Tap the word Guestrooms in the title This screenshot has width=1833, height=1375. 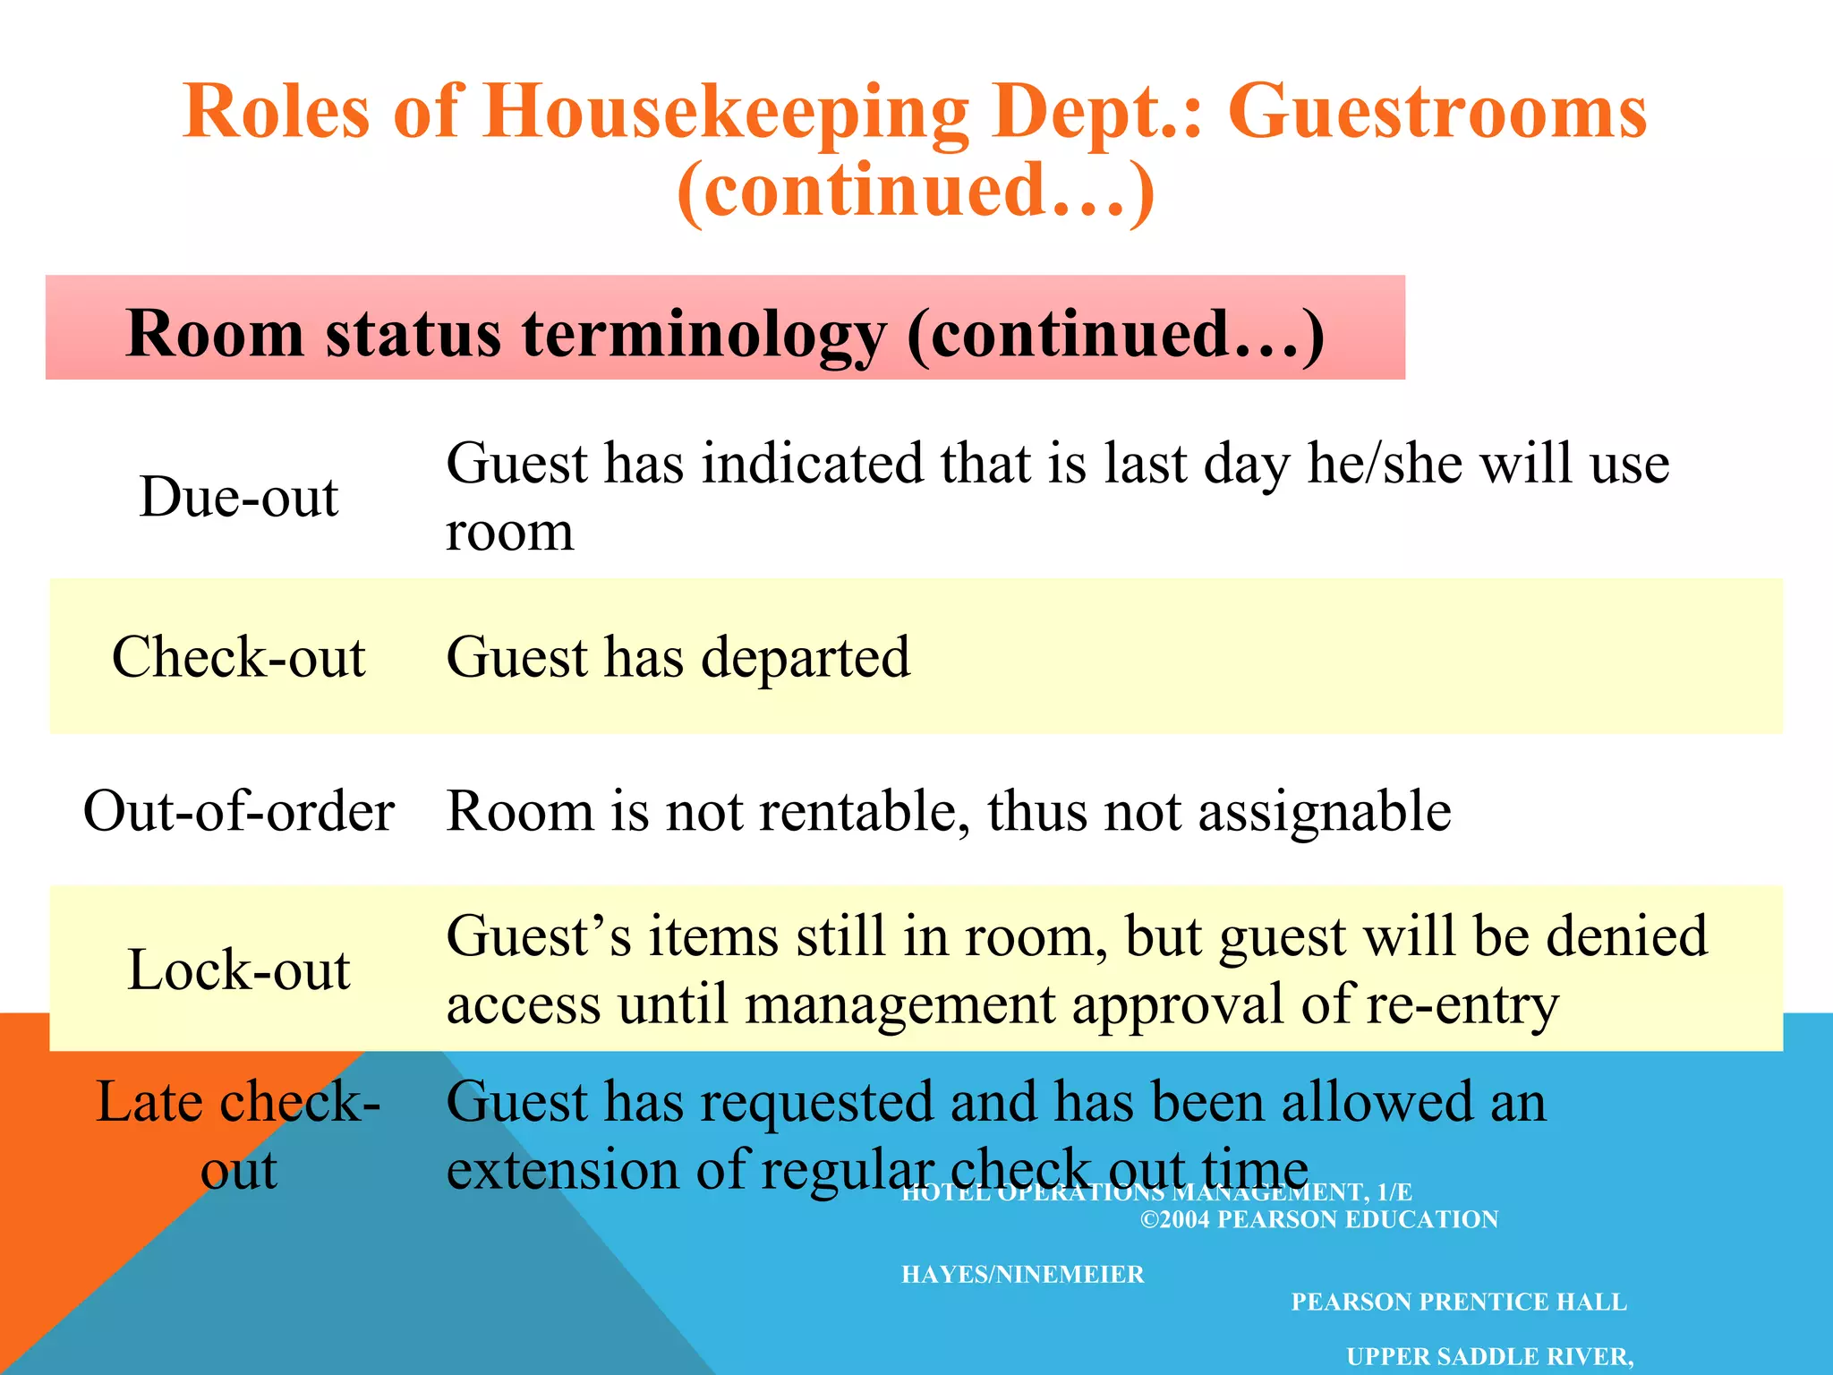pos(1437,113)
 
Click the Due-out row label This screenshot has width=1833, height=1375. pos(239,497)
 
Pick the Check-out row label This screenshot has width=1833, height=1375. pos(239,657)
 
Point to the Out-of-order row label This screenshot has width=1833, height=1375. pos(239,811)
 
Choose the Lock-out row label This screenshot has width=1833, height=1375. pos(239,969)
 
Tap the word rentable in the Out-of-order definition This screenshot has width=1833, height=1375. pos(865,811)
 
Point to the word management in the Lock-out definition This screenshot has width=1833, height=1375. pos(899,1005)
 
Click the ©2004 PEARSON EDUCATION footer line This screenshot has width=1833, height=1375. pos(1318,1219)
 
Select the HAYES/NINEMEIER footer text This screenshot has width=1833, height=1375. pos(1022,1274)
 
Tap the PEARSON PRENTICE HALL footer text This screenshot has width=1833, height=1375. pos(1458,1302)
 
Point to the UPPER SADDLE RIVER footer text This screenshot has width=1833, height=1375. pos(1489,1356)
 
